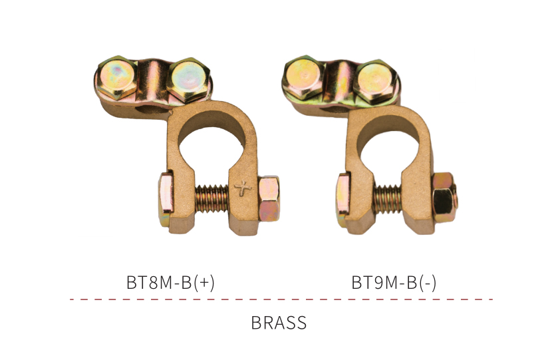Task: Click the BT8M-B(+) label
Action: tap(170, 283)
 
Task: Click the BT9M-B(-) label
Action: tap(394, 283)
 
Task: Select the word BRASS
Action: tap(279, 323)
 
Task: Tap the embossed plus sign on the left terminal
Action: tap(243, 188)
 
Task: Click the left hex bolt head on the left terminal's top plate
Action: tap(116, 77)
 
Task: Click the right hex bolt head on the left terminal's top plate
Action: tap(188, 80)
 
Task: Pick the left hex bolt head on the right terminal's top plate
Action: tap(303, 77)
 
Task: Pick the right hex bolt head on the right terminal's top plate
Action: tap(376, 82)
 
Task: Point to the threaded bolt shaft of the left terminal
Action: tap(211, 198)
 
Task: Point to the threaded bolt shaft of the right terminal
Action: tap(387, 200)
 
